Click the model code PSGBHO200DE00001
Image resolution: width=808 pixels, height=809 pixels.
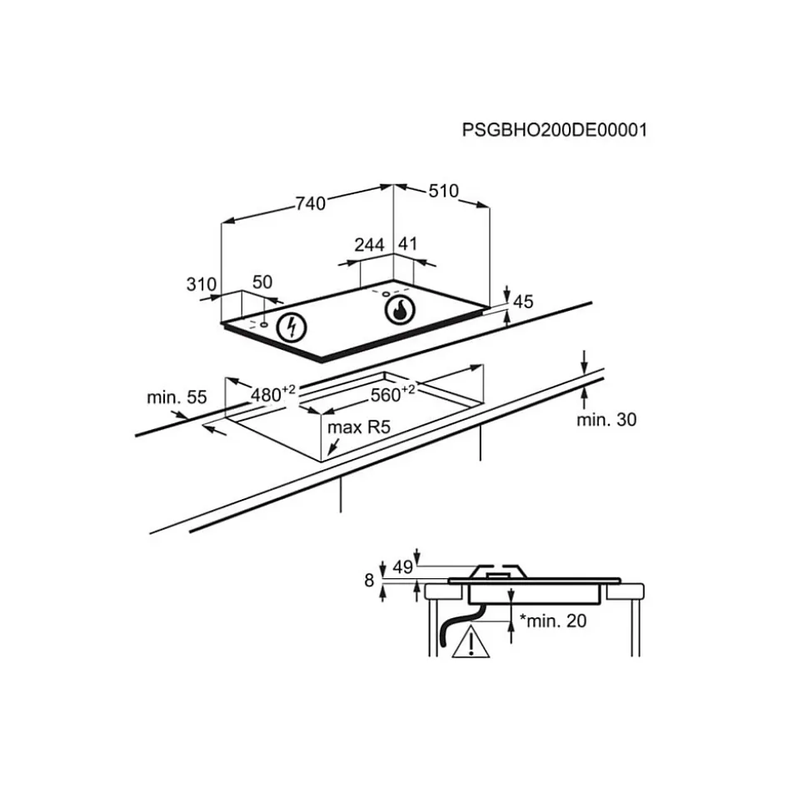554,129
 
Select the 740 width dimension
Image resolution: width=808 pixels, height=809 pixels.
311,203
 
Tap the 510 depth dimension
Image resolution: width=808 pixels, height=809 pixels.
443,191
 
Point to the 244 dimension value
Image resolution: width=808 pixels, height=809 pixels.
369,245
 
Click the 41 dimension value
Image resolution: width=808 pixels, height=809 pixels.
407,243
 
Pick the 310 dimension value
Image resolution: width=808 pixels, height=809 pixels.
202,284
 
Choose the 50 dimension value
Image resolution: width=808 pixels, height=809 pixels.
262,282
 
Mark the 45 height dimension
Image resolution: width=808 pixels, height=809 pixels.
522,302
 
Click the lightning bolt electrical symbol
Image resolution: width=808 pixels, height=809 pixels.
292,327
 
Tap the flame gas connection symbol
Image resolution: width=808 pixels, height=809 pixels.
400,310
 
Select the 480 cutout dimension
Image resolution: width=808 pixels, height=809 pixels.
273,393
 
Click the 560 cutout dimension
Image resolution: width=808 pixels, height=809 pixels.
392,393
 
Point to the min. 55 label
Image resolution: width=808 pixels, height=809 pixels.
177,397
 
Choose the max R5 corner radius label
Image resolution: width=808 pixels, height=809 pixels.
359,427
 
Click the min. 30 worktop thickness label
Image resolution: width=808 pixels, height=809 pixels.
606,419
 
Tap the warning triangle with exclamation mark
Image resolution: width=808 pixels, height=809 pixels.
471,642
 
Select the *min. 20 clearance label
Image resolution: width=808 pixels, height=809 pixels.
553,621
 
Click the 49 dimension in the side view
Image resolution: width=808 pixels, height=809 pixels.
402,567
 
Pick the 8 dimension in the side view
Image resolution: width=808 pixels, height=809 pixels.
369,581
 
